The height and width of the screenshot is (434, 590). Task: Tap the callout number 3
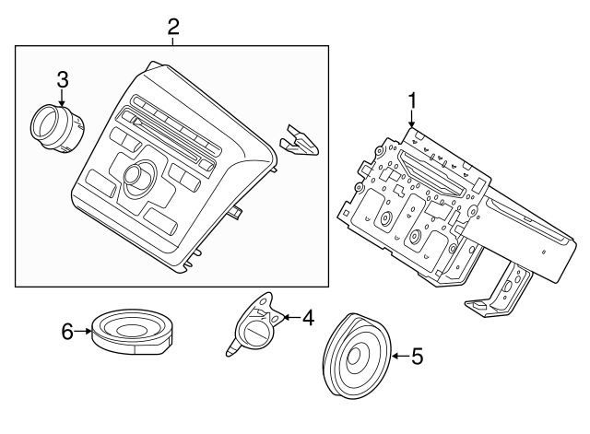[62, 80]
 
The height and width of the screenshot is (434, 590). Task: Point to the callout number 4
[307, 319]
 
